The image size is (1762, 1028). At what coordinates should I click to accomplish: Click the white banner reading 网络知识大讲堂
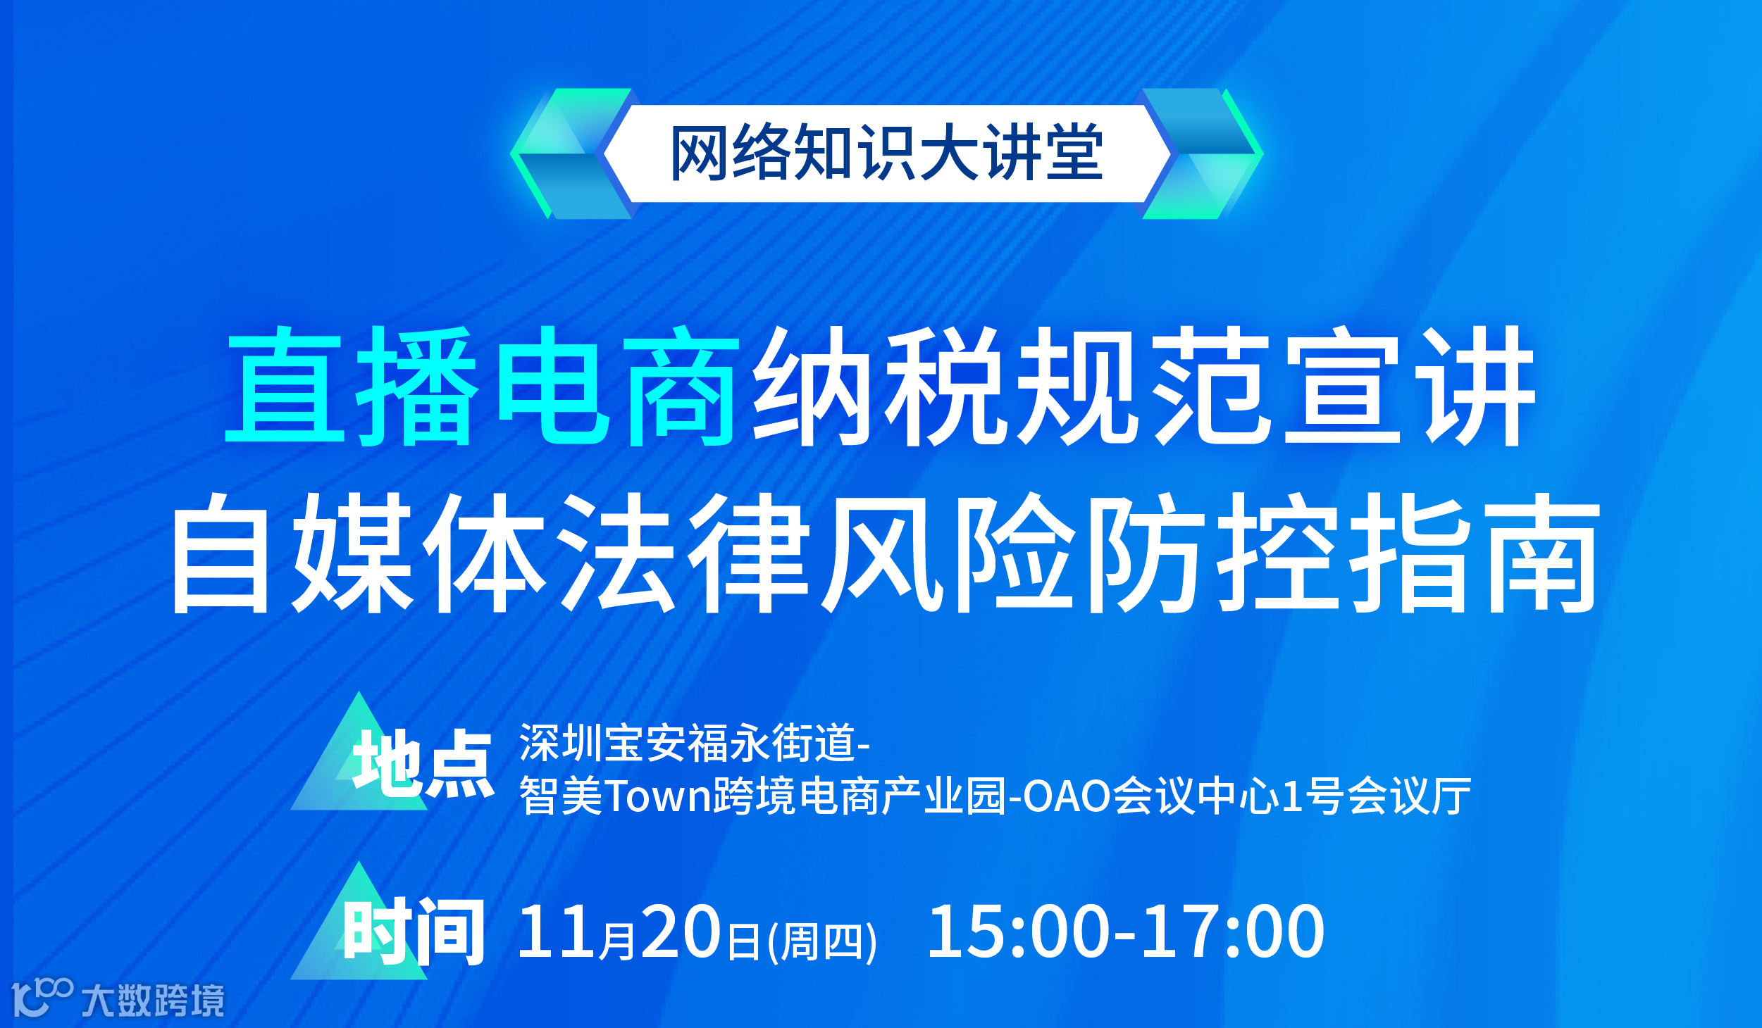[886, 153]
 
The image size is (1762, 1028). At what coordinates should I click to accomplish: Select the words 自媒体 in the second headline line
[359, 552]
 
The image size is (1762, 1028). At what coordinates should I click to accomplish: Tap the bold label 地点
[423, 765]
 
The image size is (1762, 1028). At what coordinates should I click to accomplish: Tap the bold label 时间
[414, 931]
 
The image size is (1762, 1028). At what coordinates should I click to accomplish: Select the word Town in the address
[658, 797]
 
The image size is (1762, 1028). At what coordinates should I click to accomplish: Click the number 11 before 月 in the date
[557, 932]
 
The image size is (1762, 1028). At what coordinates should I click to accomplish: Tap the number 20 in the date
[680, 932]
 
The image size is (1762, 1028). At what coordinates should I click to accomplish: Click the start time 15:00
[1019, 932]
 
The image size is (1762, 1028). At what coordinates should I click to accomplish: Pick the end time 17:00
[1233, 932]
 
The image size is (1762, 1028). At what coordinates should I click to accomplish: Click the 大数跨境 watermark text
[153, 1001]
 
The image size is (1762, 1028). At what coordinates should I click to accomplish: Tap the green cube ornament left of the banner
[571, 153]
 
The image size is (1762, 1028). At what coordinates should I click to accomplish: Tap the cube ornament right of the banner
[1202, 153]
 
